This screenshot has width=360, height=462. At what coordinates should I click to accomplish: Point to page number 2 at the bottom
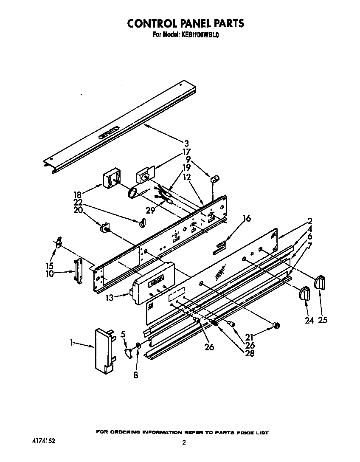(184, 442)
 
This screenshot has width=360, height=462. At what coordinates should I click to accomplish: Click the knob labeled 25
(320, 282)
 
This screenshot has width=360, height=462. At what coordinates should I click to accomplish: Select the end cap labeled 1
(103, 351)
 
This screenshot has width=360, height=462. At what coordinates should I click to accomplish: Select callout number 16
(247, 219)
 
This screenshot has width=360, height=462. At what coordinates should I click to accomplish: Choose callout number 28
(250, 353)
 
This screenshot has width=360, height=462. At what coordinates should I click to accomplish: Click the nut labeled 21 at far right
(276, 326)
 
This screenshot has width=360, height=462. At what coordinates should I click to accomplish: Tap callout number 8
(135, 375)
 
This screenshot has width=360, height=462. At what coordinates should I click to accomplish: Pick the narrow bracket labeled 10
(78, 270)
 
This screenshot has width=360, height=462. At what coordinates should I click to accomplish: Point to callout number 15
(50, 266)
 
